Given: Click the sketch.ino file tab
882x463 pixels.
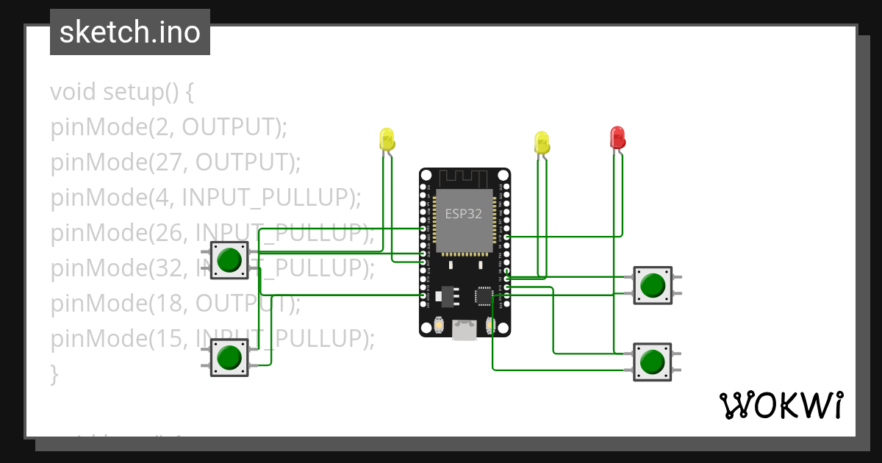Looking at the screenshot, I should (x=129, y=32).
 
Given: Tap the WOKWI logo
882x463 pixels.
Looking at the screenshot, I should (x=780, y=405).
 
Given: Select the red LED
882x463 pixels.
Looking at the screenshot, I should (x=617, y=137).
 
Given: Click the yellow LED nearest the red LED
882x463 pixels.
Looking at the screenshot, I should (x=542, y=143).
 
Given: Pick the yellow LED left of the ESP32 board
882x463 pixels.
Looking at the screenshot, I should (x=387, y=139).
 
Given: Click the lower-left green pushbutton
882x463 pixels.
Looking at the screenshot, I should (x=229, y=357).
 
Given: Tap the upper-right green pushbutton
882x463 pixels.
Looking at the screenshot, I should (x=652, y=285).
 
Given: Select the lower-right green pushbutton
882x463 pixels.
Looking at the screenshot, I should (x=652, y=362).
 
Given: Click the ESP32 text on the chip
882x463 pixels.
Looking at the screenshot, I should (x=464, y=214).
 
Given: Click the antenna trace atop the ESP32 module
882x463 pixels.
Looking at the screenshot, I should (x=464, y=178).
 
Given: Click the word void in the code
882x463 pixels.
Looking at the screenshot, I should (x=73, y=92).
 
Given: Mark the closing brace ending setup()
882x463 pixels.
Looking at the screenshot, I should (x=54, y=374).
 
